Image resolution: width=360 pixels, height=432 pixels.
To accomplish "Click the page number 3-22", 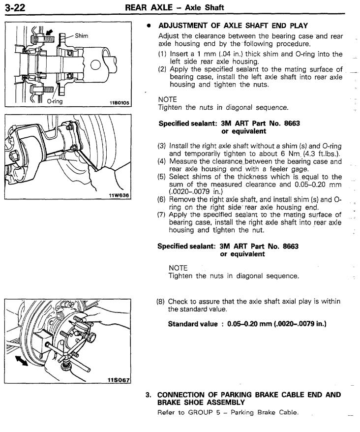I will (15, 6).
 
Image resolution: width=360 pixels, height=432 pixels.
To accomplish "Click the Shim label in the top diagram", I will (83, 35).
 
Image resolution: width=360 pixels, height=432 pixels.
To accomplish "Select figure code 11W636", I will (119, 195).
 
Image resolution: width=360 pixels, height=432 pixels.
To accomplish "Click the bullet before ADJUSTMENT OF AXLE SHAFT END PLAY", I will (148, 25).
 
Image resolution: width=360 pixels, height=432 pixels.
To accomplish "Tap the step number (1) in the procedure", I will (162, 54).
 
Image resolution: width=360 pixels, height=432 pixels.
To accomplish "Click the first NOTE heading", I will (167, 99).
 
